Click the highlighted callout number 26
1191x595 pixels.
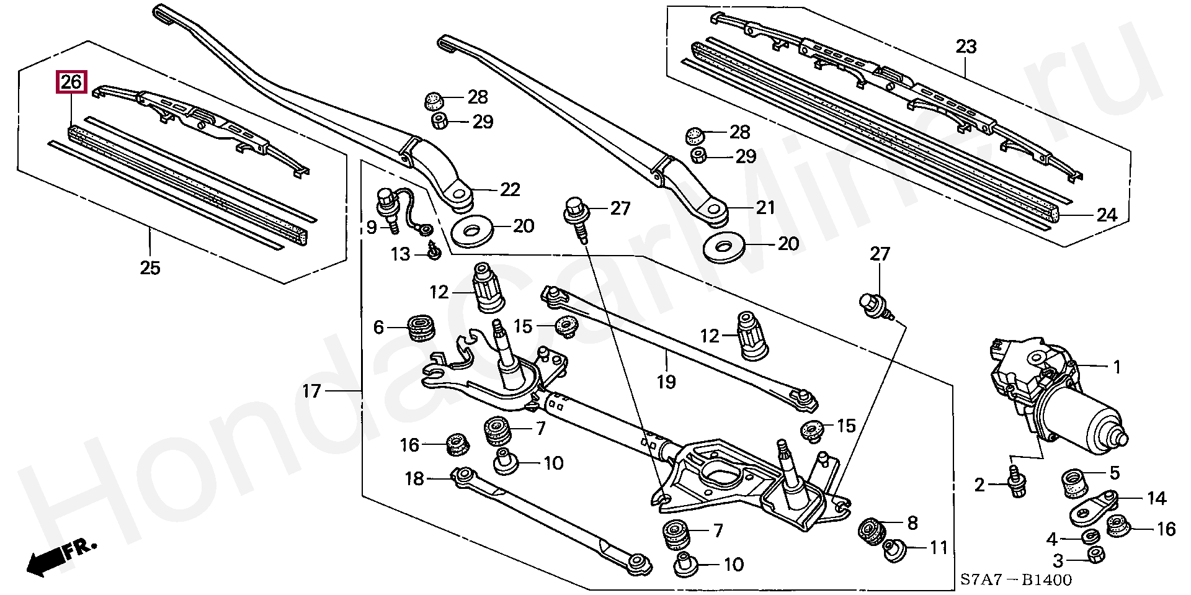point(71,83)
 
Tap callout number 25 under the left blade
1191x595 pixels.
point(150,268)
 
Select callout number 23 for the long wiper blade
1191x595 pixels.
point(966,47)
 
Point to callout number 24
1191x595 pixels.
point(1107,215)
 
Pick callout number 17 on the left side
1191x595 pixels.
point(311,391)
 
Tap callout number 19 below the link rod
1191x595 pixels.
point(666,382)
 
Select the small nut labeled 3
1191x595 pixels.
point(1095,556)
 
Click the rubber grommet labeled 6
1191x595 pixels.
point(422,327)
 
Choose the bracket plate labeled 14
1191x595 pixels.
point(1092,506)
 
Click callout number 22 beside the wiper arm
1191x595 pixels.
point(510,189)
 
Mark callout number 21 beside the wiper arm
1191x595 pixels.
point(765,207)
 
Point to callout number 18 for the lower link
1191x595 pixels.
point(414,478)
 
